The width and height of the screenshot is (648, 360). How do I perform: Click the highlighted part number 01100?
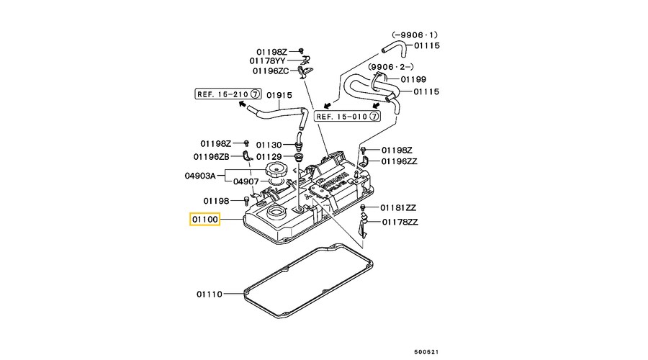click(x=204, y=219)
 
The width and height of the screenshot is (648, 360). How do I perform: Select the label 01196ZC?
click(x=271, y=71)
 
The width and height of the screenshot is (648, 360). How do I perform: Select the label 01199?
click(x=413, y=78)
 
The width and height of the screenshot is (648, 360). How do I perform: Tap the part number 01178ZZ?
click(x=400, y=222)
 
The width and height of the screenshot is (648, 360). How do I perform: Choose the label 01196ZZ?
click(x=399, y=161)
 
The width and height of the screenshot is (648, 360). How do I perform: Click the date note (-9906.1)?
click(x=414, y=35)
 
